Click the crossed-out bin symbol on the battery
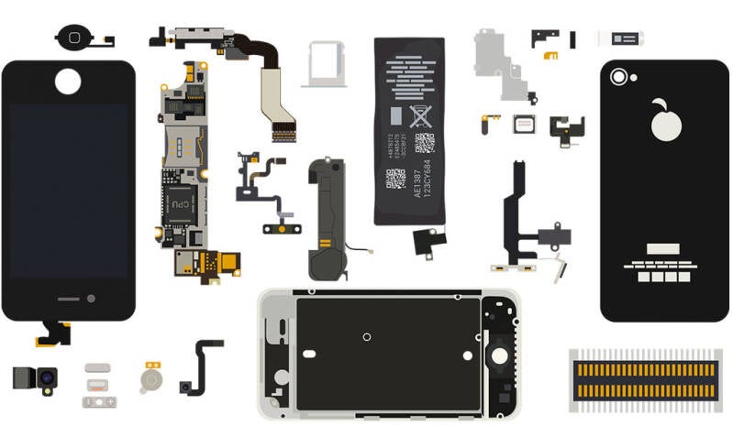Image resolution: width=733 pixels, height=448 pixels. (x=420, y=116)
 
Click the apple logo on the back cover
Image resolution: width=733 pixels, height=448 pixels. (x=664, y=119)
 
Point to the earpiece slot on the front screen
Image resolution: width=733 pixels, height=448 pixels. (x=70, y=299)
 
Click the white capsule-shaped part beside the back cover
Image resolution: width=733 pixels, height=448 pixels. (x=620, y=38)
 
